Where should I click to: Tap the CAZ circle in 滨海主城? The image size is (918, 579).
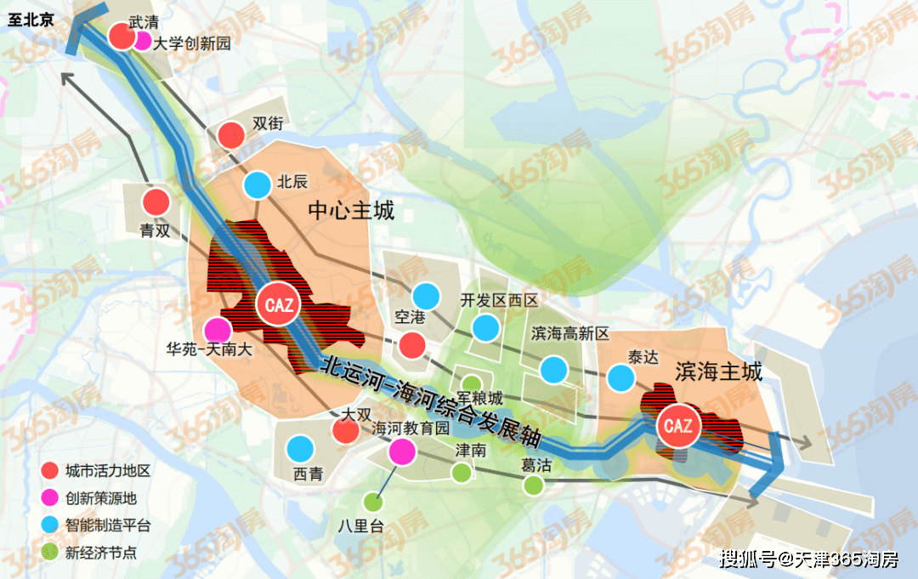tap(678, 426)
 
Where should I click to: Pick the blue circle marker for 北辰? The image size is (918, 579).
tap(257, 184)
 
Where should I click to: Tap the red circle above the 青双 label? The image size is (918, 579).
tap(156, 202)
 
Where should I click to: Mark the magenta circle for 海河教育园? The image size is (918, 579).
tap(401, 451)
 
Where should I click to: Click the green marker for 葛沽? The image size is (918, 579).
tap(533, 485)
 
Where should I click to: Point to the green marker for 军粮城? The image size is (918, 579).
tap(471, 383)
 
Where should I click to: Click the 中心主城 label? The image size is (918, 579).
tap(351, 211)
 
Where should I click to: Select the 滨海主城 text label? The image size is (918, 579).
tap(719, 372)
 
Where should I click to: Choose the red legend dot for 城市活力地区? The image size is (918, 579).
tap(50, 470)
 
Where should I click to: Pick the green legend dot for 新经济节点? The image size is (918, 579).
tap(50, 553)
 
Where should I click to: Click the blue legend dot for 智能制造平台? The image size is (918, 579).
tap(50, 525)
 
